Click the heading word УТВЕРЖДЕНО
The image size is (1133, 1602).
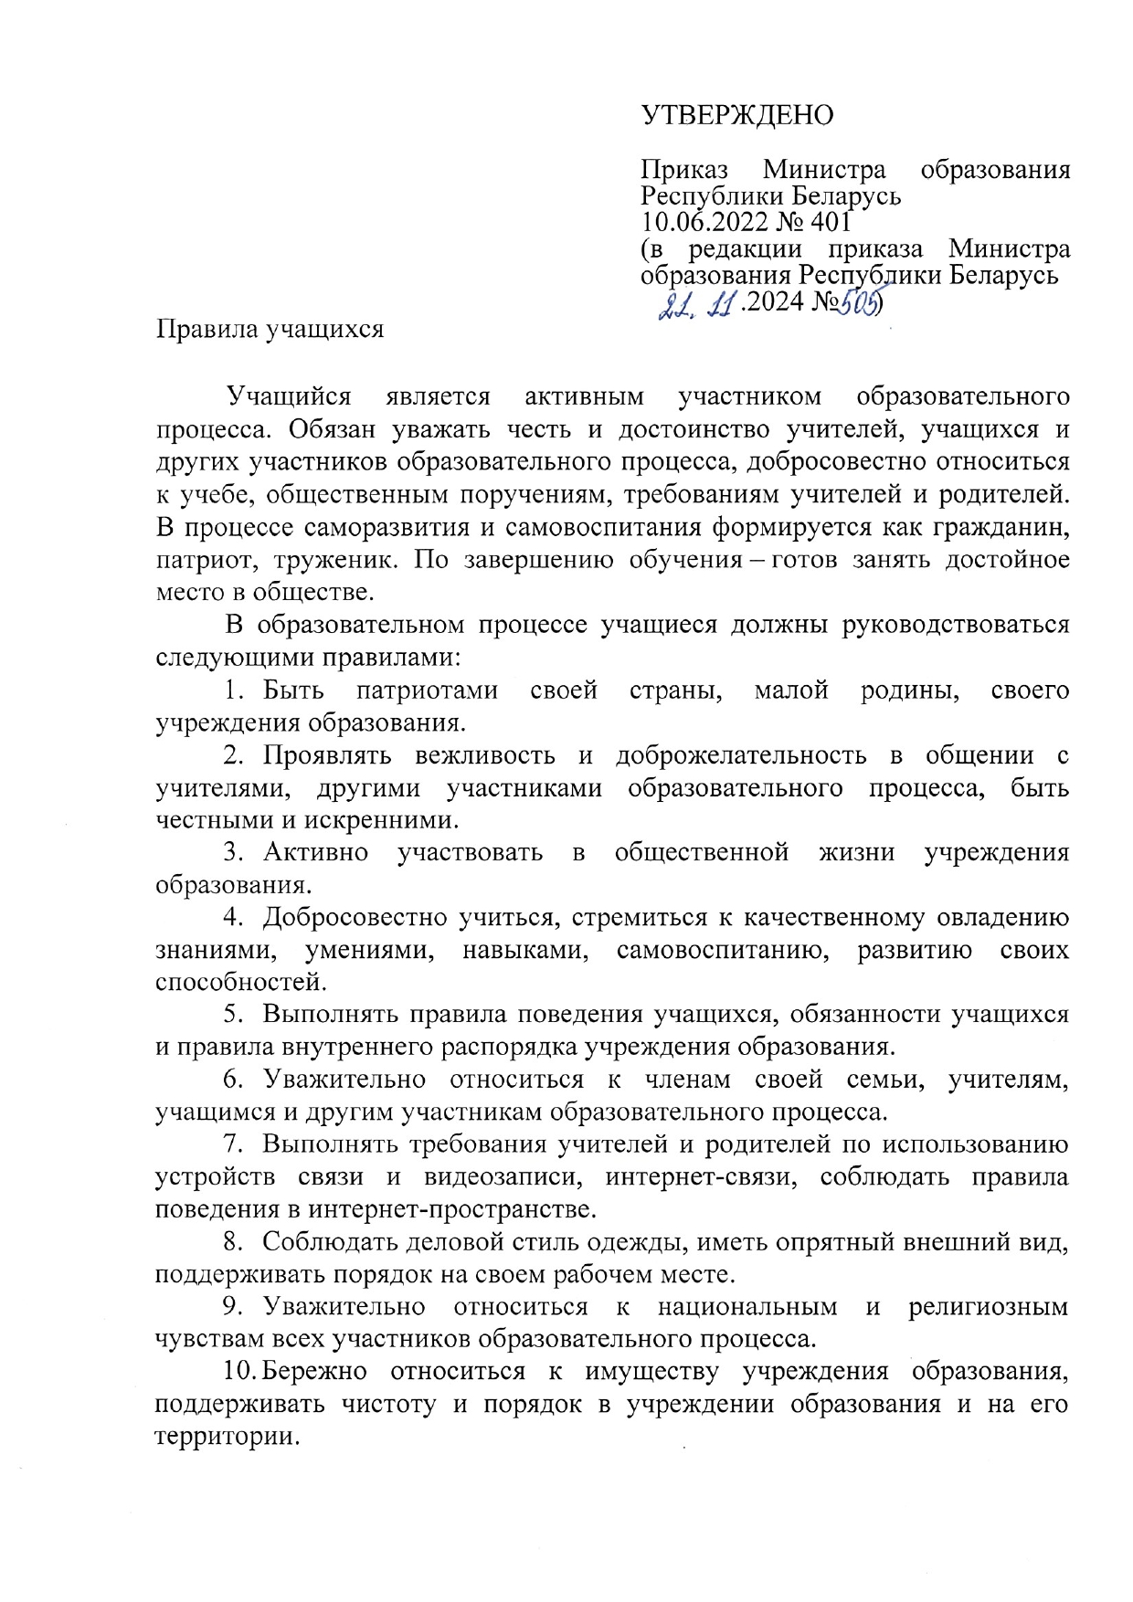[x=737, y=115]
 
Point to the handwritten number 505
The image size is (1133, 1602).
[x=858, y=300]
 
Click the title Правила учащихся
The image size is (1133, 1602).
[x=270, y=328]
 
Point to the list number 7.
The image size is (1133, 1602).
[x=233, y=1144]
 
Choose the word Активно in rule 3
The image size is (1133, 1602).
[x=316, y=853]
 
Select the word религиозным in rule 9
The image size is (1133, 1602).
[x=988, y=1307]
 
